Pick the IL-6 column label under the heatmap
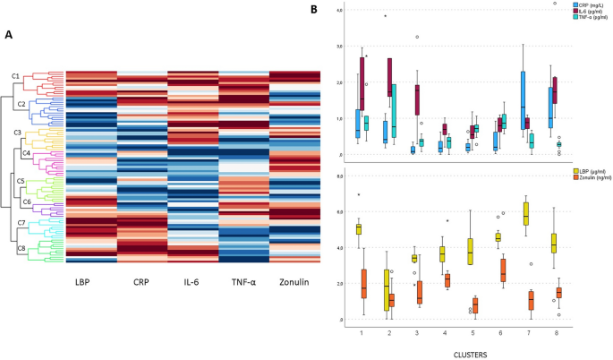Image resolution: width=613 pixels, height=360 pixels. [x=192, y=283]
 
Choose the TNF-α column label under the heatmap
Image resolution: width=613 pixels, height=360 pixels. [x=244, y=283]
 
